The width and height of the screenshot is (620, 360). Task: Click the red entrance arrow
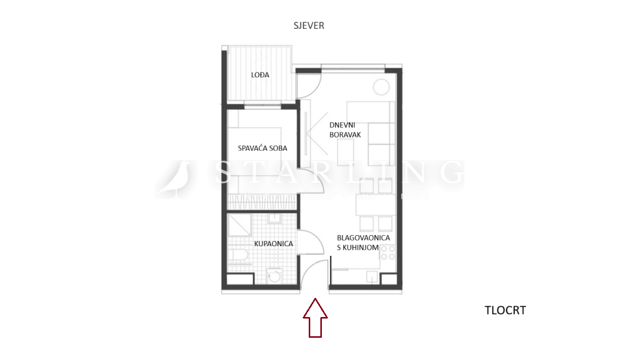click(315, 318)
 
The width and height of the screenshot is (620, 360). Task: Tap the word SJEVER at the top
click(309, 26)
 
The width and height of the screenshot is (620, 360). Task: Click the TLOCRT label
click(505, 310)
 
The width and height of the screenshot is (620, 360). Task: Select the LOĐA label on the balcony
click(260, 75)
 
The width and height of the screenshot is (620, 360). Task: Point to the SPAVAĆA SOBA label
click(263, 148)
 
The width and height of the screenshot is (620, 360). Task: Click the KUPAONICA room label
click(273, 244)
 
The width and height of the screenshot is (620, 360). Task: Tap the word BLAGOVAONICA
click(363, 238)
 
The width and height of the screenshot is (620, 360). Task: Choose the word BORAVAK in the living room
click(345, 135)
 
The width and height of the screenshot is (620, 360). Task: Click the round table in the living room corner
click(381, 87)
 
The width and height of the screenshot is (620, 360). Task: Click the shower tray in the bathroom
click(239, 225)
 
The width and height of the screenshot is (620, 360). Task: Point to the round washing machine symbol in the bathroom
click(274, 276)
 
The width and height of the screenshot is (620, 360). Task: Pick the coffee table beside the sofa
click(346, 152)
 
